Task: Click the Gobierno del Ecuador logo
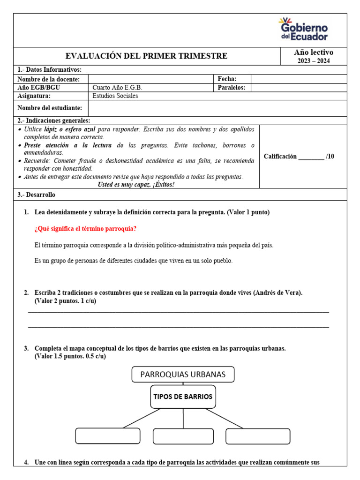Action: pyautogui.click(x=303, y=29)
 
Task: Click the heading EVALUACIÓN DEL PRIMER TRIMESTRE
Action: pyautogui.click(x=146, y=56)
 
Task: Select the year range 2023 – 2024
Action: pyautogui.click(x=314, y=61)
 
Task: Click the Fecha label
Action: pyautogui.click(x=227, y=79)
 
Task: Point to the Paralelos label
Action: pyautogui.click(x=232, y=88)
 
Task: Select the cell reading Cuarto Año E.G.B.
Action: pyautogui.click(x=117, y=88)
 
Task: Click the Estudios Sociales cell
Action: pyautogui.click(x=115, y=96)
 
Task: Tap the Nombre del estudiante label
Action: pyautogui.click(x=50, y=108)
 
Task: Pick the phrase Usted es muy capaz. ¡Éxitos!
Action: pyautogui.click(x=136, y=184)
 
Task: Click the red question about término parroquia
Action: pyautogui.click(x=86, y=229)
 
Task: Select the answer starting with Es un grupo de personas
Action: pyautogui.click(x=134, y=261)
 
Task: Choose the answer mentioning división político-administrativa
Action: pyautogui.click(x=154, y=245)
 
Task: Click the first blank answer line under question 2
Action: pyautogui.click(x=178, y=311)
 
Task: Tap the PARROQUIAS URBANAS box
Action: pyautogui.click(x=183, y=375)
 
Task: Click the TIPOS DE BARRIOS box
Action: pyautogui.click(x=183, y=397)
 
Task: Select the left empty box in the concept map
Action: pyautogui.click(x=108, y=436)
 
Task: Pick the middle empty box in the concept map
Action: pyautogui.click(x=183, y=436)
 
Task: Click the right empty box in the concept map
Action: pyautogui.click(x=258, y=436)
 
